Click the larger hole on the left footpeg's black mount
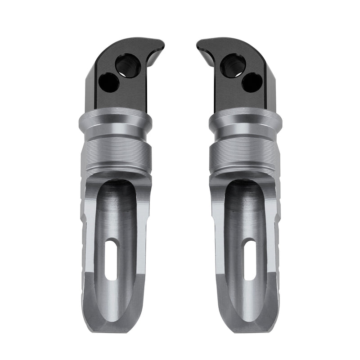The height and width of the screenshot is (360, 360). click(x=128, y=66)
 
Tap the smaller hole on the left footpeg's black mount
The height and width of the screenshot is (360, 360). click(x=108, y=82)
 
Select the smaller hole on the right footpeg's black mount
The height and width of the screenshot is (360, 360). click(x=252, y=82)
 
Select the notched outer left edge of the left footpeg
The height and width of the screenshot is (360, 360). click(x=83, y=234)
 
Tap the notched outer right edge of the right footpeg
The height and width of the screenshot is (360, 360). click(x=277, y=234)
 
